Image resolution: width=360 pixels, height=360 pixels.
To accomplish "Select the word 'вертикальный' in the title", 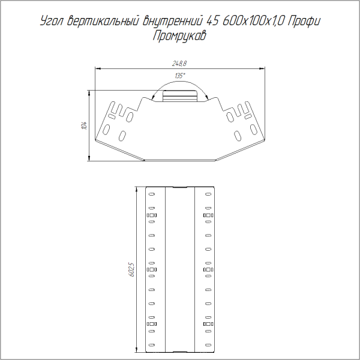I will [99, 22].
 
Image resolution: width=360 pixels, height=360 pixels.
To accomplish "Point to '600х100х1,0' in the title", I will [252, 22].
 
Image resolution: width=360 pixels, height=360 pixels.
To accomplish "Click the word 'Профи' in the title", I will [304, 22].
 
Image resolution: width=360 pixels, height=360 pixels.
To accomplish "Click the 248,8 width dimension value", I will [179, 64].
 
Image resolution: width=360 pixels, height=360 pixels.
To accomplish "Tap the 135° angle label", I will [179, 76].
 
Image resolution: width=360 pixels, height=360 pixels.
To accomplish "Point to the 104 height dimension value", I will [85, 125].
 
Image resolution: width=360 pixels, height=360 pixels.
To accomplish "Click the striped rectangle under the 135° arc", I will [179, 95].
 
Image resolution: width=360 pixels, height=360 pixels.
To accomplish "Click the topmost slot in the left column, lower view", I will [151, 194].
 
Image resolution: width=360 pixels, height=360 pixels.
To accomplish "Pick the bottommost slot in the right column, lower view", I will [208, 345].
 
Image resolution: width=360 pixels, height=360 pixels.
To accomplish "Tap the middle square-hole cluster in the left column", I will [151, 269].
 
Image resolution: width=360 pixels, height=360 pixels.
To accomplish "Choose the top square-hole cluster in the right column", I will [208, 215].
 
